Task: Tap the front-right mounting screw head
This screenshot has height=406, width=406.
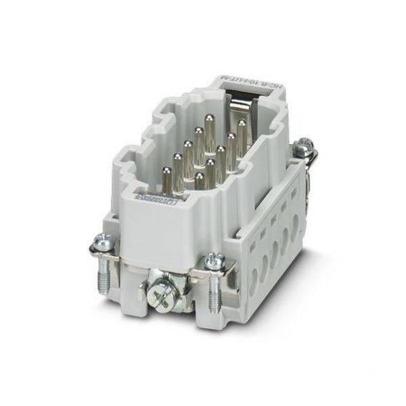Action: click(x=215, y=259)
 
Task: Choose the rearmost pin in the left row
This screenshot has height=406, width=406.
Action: click(x=199, y=134)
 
